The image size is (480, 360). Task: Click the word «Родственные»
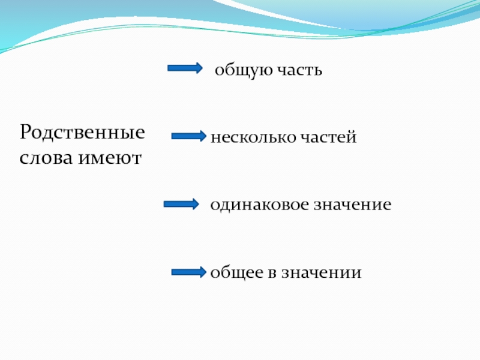point(83,132)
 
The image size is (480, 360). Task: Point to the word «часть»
point(299,71)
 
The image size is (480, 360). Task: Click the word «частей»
point(328,137)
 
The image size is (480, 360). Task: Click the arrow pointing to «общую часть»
point(184,68)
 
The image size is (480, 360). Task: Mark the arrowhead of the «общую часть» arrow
point(198,68)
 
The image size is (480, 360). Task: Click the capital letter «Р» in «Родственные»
point(27,132)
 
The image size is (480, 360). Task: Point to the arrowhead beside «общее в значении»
point(203,272)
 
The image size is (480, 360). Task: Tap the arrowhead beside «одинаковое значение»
point(194,205)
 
